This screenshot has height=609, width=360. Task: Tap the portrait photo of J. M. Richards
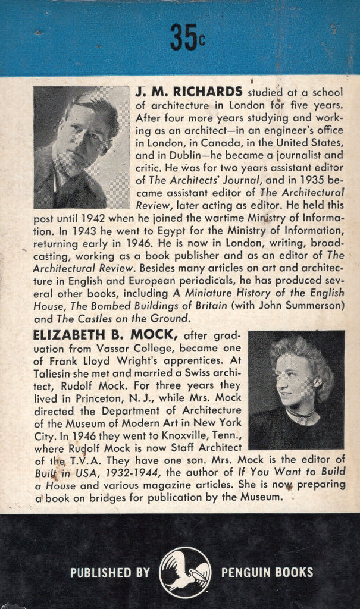(81, 147)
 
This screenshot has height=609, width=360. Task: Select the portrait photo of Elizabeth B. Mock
(296, 390)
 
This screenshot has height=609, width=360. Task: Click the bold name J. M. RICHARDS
(189, 92)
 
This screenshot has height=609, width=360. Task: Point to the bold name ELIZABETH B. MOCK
(107, 336)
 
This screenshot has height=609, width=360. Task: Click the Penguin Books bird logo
(185, 572)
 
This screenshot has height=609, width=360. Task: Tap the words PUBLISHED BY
(110, 573)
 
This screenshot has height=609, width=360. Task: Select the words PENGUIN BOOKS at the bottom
(267, 573)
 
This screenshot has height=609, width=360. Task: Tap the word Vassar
(140, 350)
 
